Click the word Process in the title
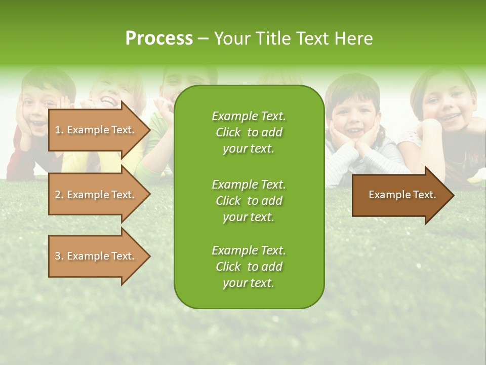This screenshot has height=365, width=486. (x=159, y=39)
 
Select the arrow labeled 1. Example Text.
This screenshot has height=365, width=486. (x=96, y=130)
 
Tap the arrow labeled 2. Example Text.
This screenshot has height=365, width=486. (x=96, y=195)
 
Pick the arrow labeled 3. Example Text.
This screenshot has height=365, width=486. (x=96, y=256)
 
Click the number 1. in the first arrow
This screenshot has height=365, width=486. (x=59, y=130)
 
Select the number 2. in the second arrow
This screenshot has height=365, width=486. (x=59, y=195)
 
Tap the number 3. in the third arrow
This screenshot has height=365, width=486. (x=59, y=256)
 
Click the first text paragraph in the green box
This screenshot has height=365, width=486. (x=249, y=132)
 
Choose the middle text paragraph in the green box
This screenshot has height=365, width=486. (x=249, y=201)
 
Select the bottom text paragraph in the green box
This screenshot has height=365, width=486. (x=249, y=267)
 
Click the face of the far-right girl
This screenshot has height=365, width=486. (x=445, y=109)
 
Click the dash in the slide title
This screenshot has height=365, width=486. (x=203, y=39)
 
